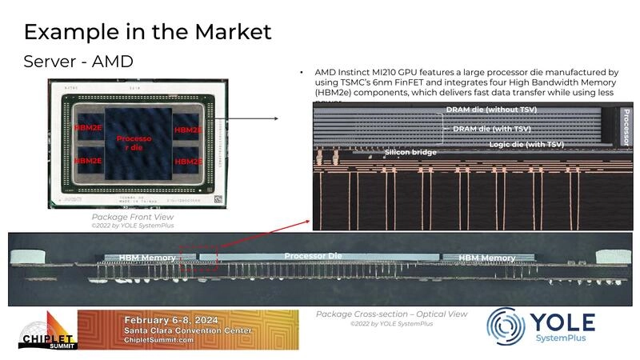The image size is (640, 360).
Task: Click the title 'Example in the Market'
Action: (147, 32)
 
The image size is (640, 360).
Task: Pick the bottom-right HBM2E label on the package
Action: (189, 161)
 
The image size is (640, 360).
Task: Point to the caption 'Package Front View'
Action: (132, 217)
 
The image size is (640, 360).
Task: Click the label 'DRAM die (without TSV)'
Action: (491, 110)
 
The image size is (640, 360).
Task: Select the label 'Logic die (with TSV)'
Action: (526, 144)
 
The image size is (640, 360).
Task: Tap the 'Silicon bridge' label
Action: (410, 151)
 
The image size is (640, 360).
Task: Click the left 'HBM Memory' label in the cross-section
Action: (147, 258)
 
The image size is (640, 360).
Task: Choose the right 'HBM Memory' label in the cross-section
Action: (486, 258)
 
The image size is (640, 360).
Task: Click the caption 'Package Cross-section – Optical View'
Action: (391, 314)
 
